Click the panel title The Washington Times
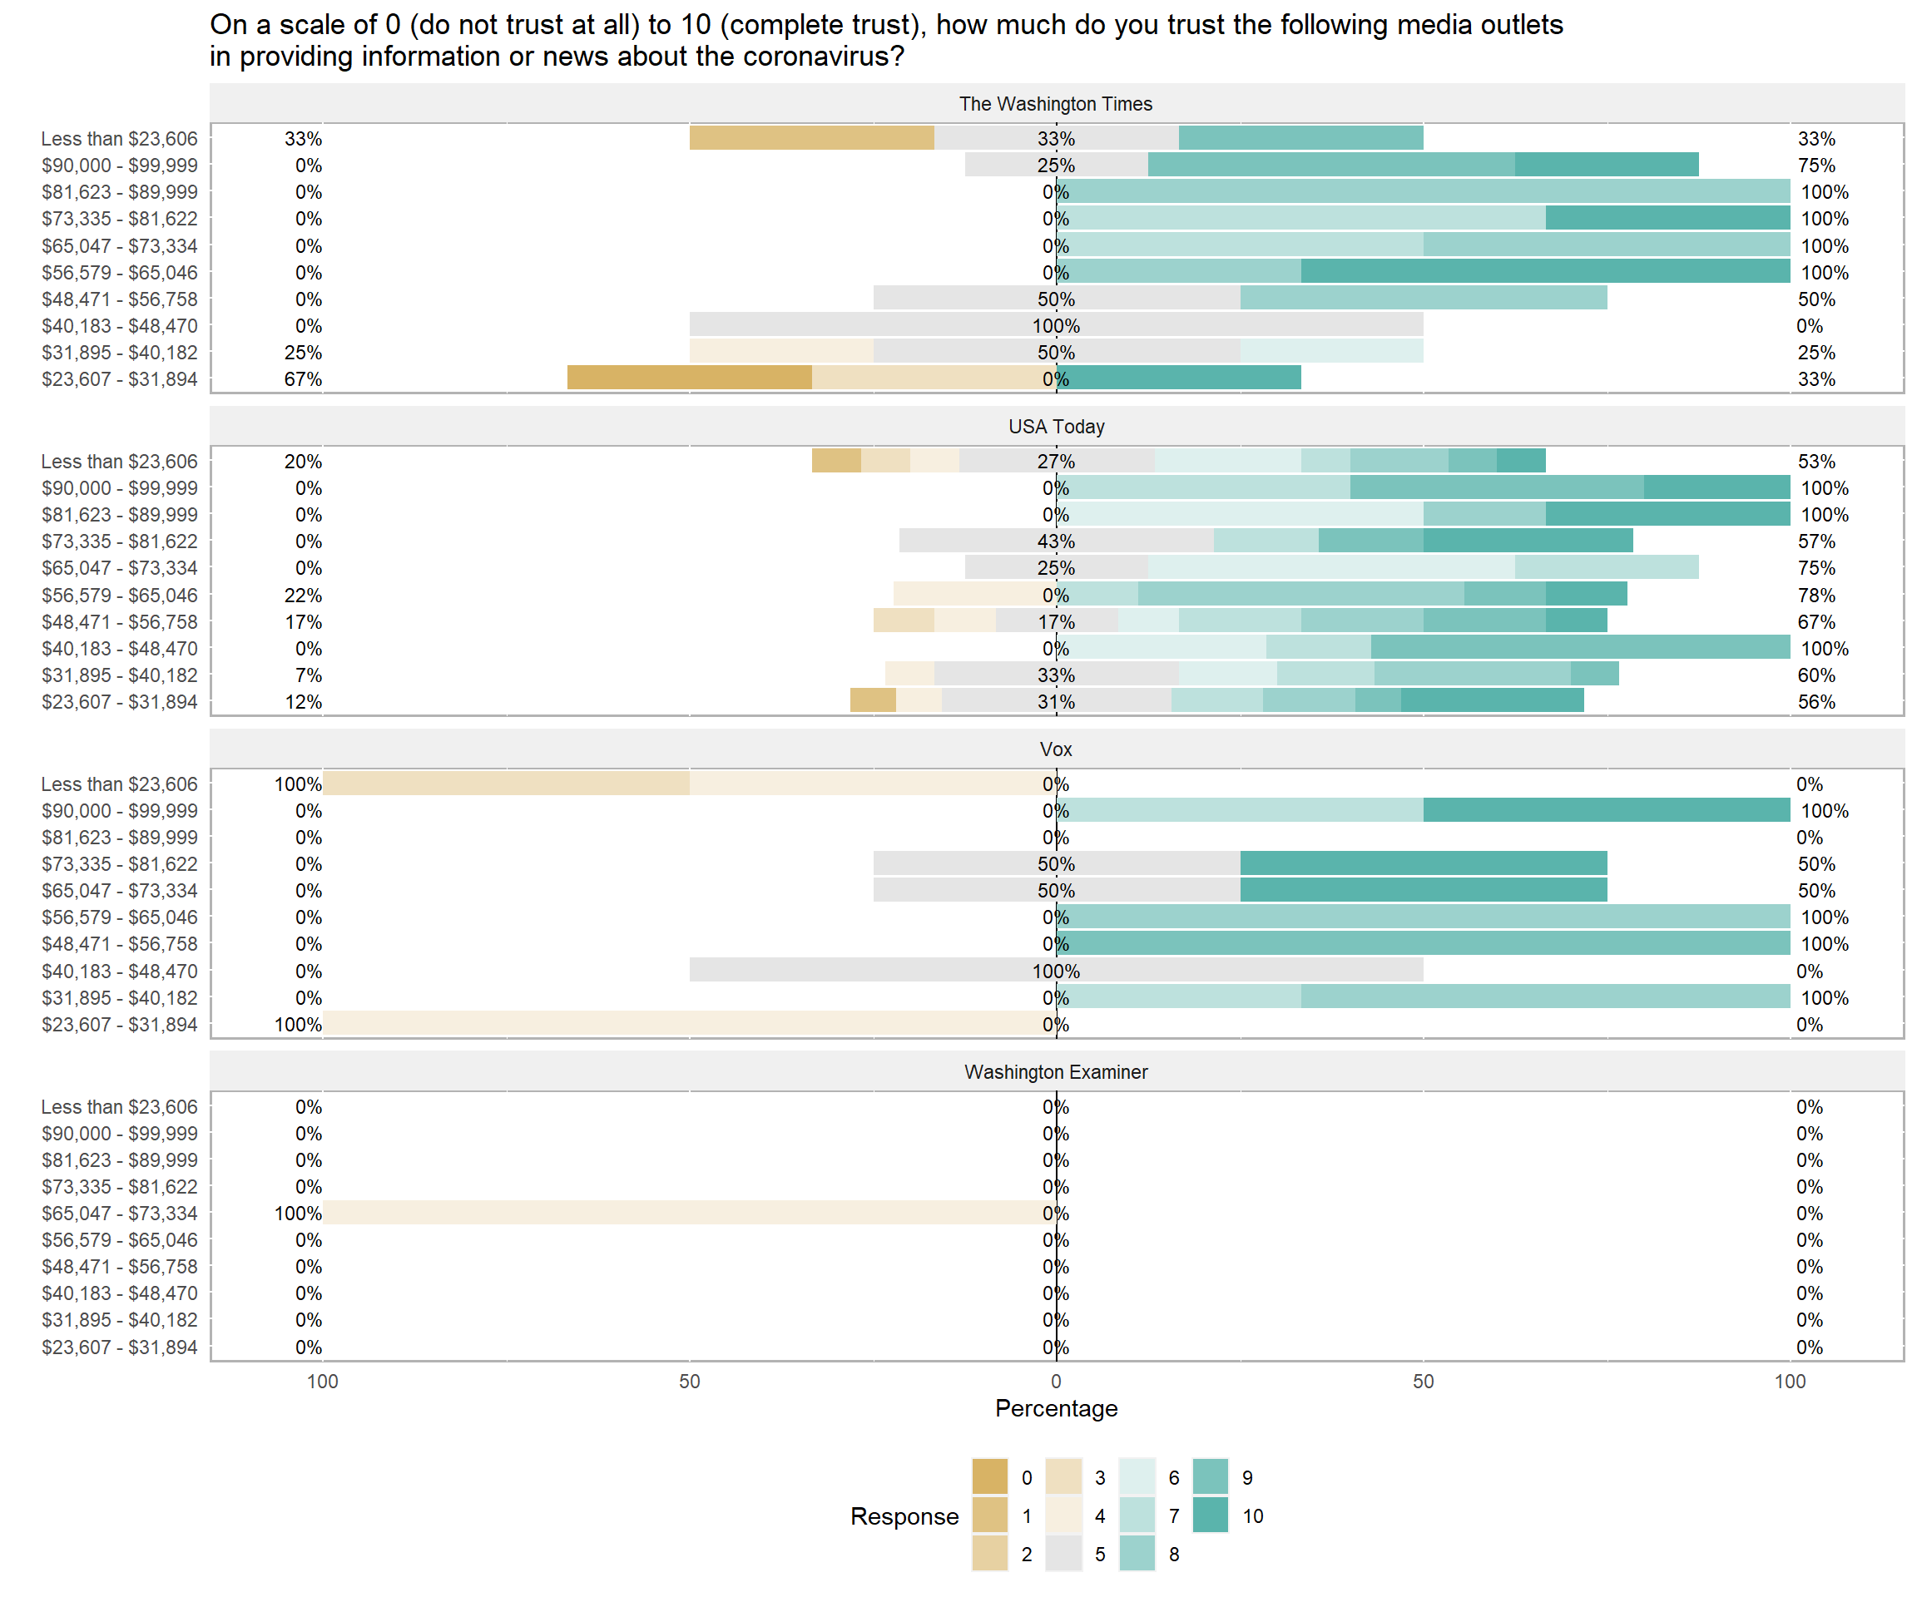pyautogui.click(x=1055, y=104)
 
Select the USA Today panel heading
pyautogui.click(x=1055, y=426)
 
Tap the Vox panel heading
pyautogui.click(x=1055, y=749)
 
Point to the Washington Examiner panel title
pyautogui.click(x=1055, y=1071)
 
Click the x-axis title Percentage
pyautogui.click(x=1055, y=1408)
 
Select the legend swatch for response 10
pyautogui.click(x=1211, y=1515)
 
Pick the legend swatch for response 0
pyautogui.click(x=989, y=1477)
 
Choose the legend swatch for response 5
pyautogui.click(x=1063, y=1554)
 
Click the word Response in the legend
pyautogui.click(x=904, y=1515)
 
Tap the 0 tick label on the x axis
pyautogui.click(x=1055, y=1382)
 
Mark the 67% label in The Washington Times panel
pyautogui.click(x=302, y=378)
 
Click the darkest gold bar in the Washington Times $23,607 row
pyautogui.click(x=689, y=378)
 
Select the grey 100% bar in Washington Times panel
pyautogui.click(x=1055, y=325)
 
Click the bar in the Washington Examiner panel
pyautogui.click(x=689, y=1213)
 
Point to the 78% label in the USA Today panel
pyautogui.click(x=1815, y=595)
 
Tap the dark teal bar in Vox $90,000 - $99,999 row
pyautogui.click(x=1606, y=810)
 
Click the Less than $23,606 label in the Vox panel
pyautogui.click(x=119, y=784)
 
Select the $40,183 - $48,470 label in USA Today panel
pyautogui.click(x=119, y=649)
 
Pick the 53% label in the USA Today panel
pyautogui.click(x=1815, y=462)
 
